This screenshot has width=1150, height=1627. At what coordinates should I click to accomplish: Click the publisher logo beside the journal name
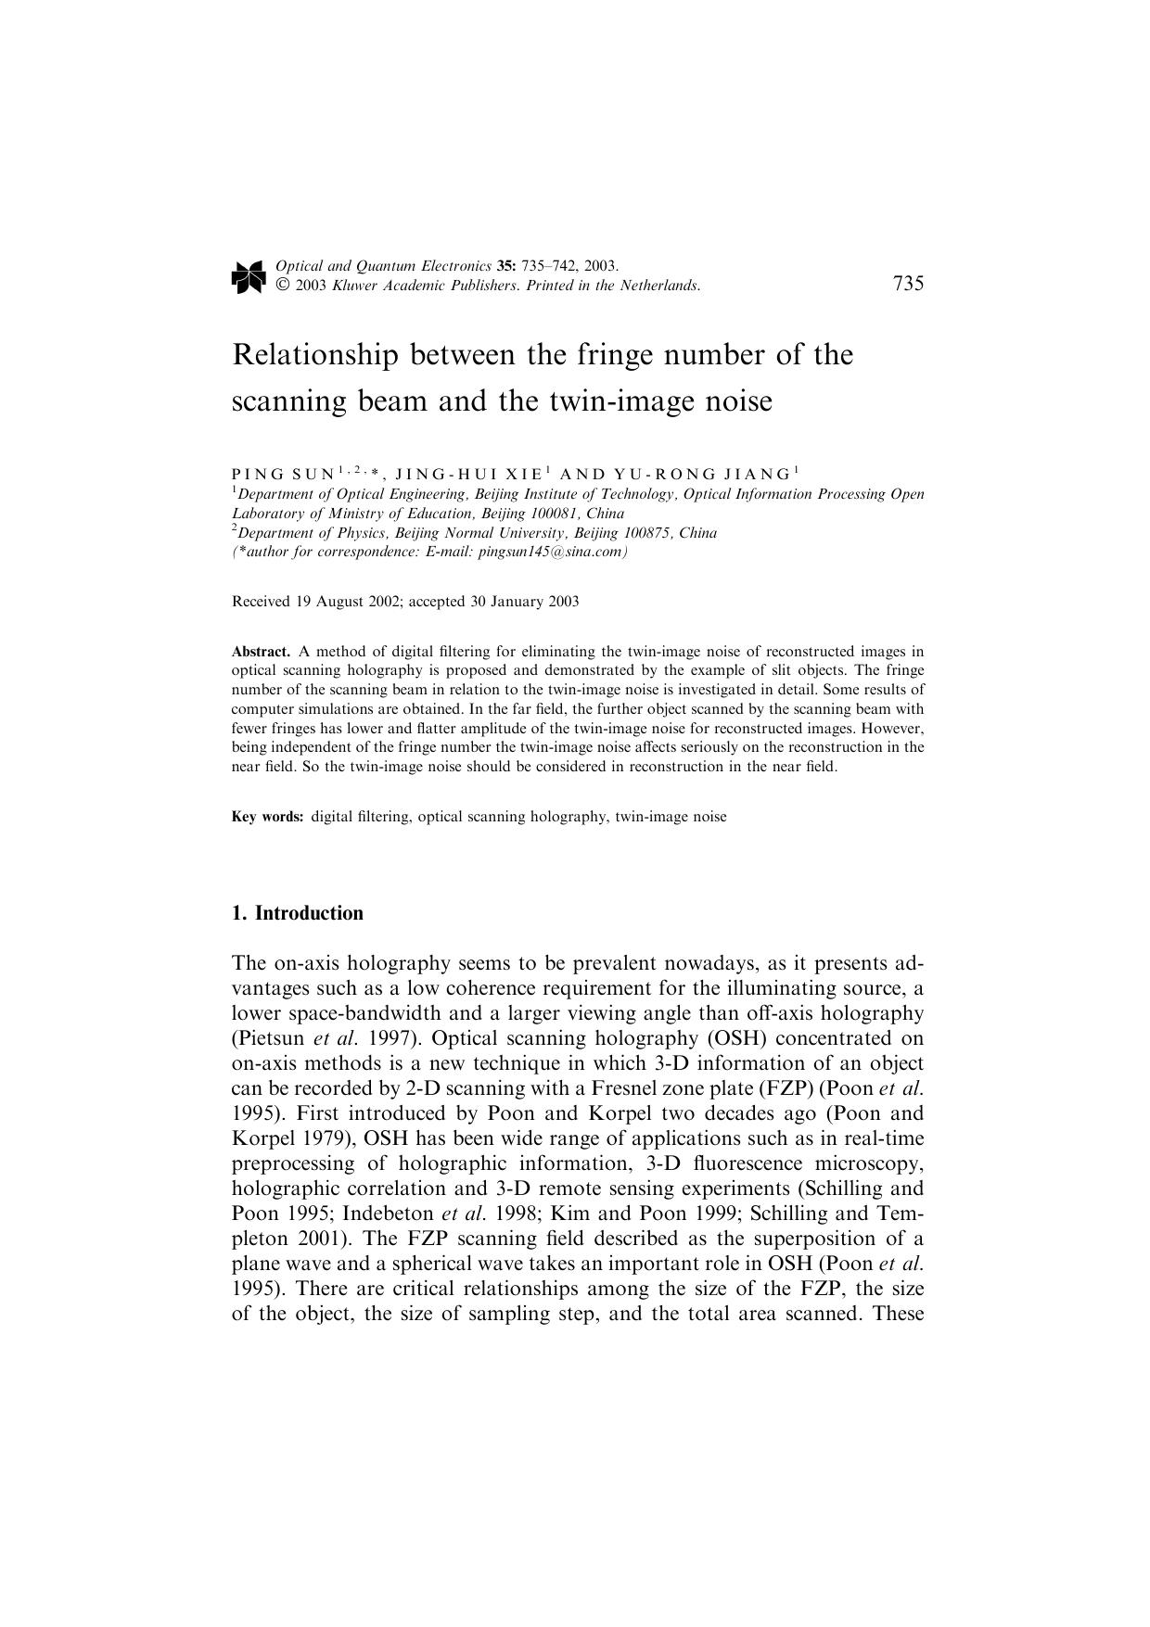(x=248, y=277)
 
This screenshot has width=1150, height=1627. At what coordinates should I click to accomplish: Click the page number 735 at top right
(x=908, y=285)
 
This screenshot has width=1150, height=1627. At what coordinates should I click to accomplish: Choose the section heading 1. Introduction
(x=298, y=913)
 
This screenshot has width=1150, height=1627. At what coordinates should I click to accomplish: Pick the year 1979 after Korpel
(x=321, y=1138)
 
